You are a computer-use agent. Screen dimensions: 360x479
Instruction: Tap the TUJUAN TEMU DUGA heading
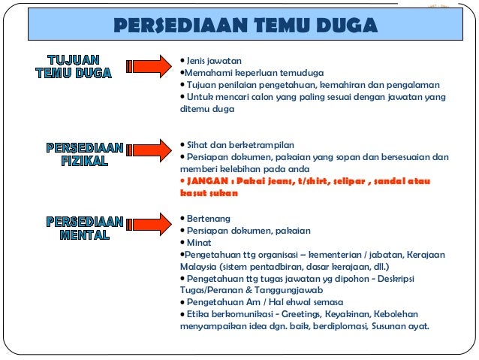coord(74,66)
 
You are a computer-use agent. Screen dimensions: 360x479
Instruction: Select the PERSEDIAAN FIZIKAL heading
coord(85,154)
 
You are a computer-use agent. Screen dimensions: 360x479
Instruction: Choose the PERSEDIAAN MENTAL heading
coord(85,228)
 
